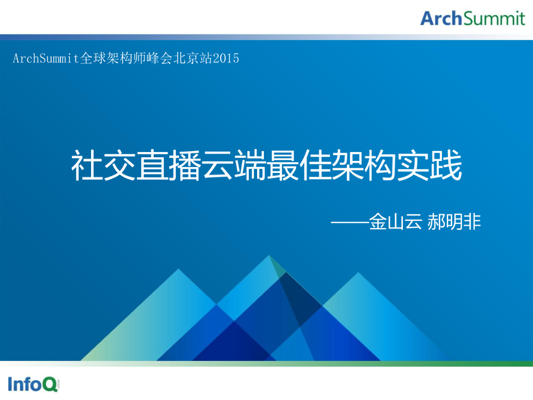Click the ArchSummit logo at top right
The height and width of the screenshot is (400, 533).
473,18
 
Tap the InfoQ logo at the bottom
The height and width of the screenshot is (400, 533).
33,384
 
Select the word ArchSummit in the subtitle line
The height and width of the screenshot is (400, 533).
46,58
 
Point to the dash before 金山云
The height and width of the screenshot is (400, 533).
349,222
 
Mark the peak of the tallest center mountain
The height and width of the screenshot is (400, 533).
269,256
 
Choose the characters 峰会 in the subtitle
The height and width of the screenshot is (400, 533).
161,58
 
